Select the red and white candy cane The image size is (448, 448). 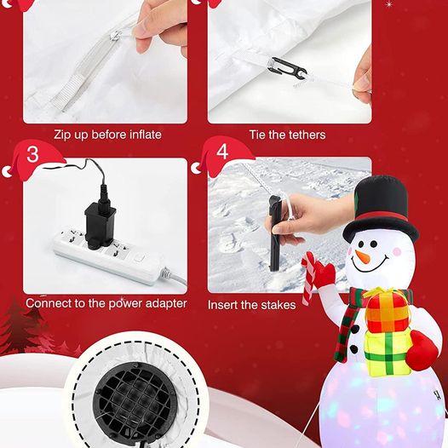309,277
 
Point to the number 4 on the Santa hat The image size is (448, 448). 222,151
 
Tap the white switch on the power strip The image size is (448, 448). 140,258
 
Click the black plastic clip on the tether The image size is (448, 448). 286,71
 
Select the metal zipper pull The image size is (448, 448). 117,36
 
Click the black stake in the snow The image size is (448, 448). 275,233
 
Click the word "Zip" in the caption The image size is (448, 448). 62,135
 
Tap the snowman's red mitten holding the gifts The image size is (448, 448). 421,351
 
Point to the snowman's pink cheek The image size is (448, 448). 397,252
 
